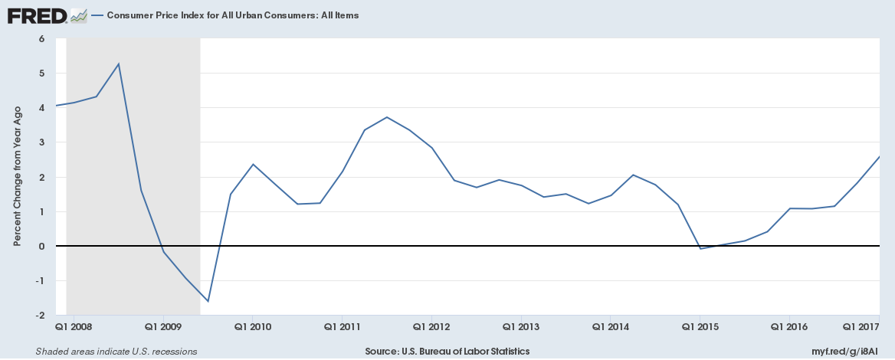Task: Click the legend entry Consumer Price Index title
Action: (233, 15)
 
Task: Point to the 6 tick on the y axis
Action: (41, 38)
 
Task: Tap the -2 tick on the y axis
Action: (39, 316)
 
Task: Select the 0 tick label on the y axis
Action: (41, 246)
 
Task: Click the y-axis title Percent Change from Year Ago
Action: (17, 176)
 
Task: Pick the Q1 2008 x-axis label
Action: (74, 326)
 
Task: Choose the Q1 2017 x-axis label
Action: (861, 326)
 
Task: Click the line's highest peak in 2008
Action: (119, 64)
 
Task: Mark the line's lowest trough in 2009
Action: (208, 301)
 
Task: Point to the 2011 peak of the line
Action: (387, 117)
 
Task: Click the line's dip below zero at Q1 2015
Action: (700, 249)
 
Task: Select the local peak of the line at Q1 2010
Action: (253, 164)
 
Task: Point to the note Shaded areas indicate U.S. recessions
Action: (116, 352)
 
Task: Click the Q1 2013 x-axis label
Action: (521, 326)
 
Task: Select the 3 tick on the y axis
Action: (41, 142)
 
